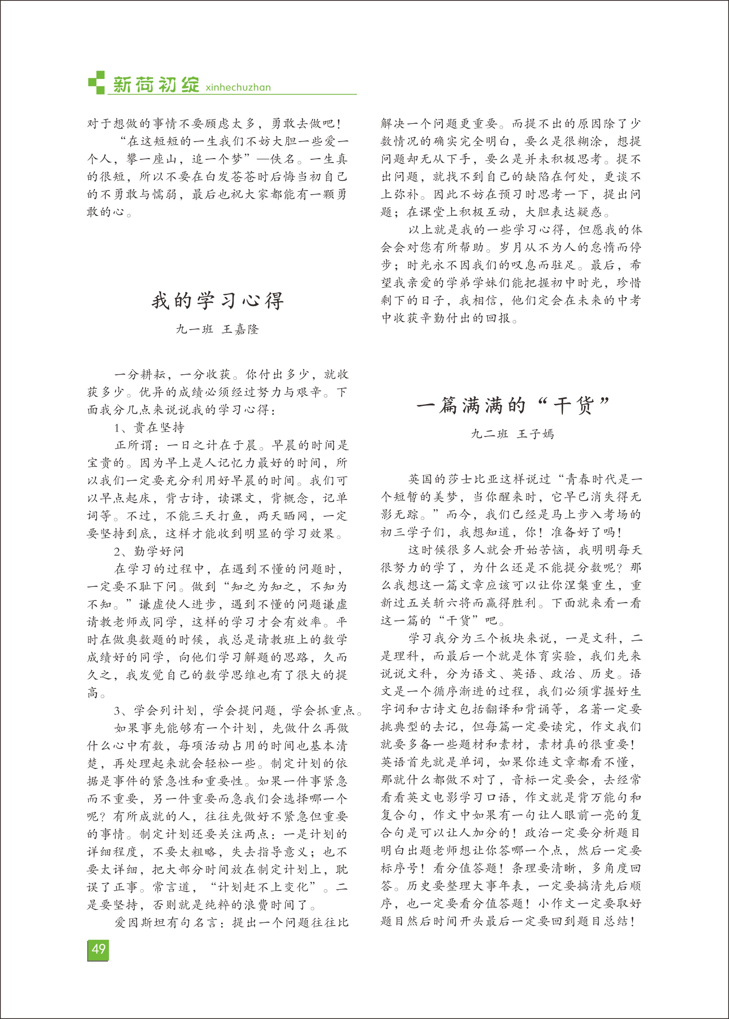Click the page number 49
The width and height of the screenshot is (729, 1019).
98,948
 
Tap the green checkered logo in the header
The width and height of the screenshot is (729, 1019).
96,82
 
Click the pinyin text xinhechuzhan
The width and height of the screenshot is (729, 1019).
238,88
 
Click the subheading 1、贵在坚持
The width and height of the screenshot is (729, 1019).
150,428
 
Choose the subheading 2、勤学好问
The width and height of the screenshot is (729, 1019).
150,551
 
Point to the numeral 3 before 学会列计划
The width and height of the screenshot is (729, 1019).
118,711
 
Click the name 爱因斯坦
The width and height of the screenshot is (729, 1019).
141,923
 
